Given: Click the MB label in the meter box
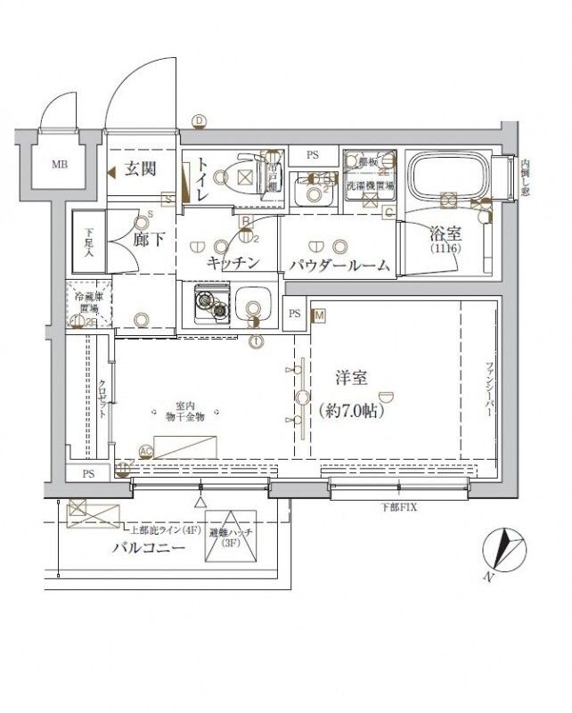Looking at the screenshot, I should click(59, 164).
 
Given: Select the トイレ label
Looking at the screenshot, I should click(203, 177).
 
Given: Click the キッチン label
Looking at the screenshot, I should click(233, 262).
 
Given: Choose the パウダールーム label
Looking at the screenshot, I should click(339, 265).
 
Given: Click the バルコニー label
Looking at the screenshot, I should click(148, 548).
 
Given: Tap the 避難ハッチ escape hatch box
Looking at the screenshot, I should click(231, 540).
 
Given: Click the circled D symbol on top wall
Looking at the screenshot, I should click(199, 121).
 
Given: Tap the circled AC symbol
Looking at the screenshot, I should click(146, 452).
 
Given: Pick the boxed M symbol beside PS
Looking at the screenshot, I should click(318, 315).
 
